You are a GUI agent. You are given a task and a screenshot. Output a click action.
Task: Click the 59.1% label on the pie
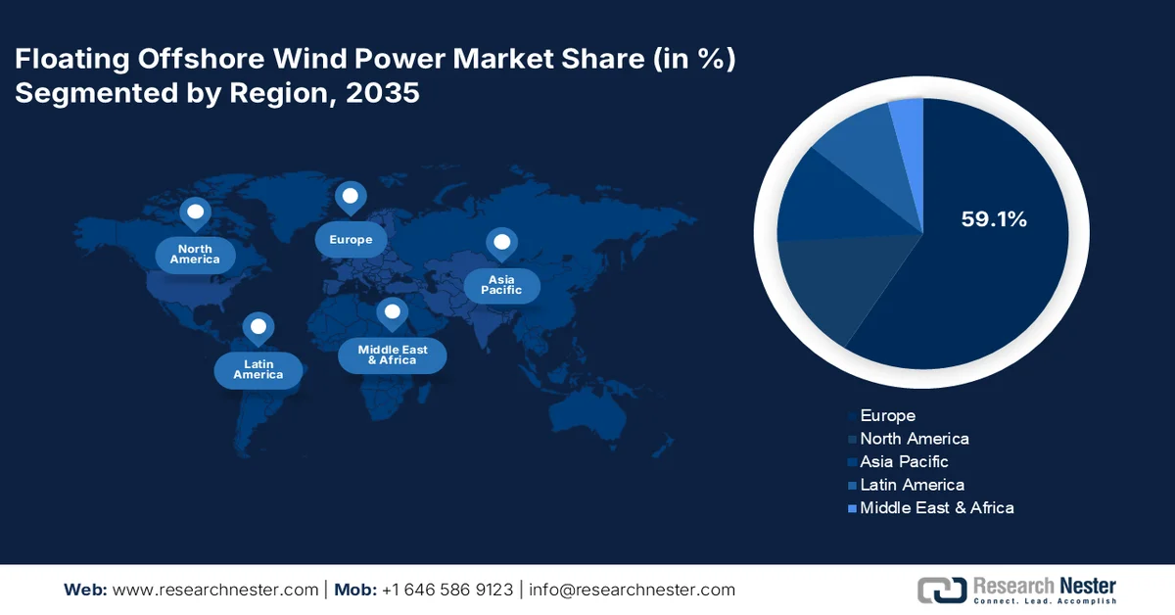point(993,220)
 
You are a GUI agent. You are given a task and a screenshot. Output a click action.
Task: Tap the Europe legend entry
point(887,416)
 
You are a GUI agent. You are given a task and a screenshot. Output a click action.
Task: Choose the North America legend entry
point(914,439)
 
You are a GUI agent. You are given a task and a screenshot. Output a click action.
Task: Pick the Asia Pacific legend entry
point(904,461)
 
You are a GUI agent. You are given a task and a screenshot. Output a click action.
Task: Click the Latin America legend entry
point(912,485)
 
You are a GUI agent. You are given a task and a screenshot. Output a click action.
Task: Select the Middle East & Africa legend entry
point(936,507)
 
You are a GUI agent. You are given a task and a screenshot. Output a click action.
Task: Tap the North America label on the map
point(195,255)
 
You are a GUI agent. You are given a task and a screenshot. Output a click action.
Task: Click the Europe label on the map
point(351,240)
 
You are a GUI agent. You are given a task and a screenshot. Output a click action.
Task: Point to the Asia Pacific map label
point(501,285)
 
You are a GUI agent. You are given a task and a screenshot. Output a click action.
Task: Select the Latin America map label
point(258,369)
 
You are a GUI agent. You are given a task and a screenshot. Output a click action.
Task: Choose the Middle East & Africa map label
point(392,355)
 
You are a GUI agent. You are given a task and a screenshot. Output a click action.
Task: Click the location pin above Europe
point(351,198)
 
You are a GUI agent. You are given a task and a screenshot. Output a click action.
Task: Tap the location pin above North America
point(195,213)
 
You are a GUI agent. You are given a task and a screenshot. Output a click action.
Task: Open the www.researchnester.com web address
point(215,590)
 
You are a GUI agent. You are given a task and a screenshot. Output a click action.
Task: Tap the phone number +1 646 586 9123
point(447,590)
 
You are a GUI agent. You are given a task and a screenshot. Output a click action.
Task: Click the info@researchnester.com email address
point(632,590)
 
